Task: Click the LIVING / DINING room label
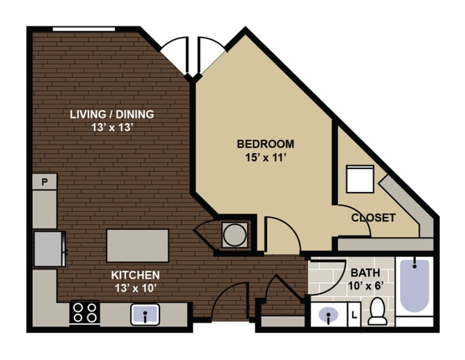coord(112,114)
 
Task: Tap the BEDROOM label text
coord(265,144)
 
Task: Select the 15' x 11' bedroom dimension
coord(265,158)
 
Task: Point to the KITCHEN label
coord(135,275)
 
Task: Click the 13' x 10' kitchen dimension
coord(135,288)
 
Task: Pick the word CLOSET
coord(373,218)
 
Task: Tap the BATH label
coord(365,273)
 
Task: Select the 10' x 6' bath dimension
coord(365,285)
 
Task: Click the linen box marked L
coord(354,316)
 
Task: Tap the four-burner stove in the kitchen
coord(84,313)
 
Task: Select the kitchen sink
coord(145,314)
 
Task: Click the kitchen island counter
coord(137,246)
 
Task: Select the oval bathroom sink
coord(329,316)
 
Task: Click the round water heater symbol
coord(234,234)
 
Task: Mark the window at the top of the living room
coord(84,29)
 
